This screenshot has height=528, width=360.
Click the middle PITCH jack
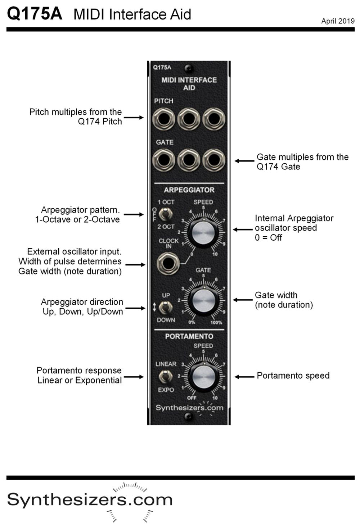[189, 119]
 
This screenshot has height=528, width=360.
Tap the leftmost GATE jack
[163, 160]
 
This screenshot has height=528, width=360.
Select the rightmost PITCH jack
[214, 119]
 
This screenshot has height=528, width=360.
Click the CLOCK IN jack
[168, 264]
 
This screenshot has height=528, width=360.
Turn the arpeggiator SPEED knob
[203, 232]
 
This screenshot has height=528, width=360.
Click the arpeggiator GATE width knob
[203, 301]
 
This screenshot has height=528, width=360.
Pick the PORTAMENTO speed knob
[203, 377]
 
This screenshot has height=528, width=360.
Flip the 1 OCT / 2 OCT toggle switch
[165, 215]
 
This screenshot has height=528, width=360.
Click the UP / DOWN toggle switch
[165, 308]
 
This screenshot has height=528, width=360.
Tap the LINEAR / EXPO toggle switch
[165, 377]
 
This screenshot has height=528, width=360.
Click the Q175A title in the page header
[35, 14]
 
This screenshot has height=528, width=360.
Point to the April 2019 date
[338, 21]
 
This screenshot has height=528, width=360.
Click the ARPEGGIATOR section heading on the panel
[189, 190]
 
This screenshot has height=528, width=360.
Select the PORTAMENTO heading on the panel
[189, 336]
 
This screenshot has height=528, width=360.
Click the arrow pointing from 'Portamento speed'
[244, 377]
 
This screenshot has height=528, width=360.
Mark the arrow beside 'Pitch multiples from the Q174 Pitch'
[134, 117]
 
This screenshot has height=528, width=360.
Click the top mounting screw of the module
[188, 68]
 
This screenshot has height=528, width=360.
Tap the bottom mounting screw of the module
[188, 417]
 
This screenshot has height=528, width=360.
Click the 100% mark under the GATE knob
[216, 323]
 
